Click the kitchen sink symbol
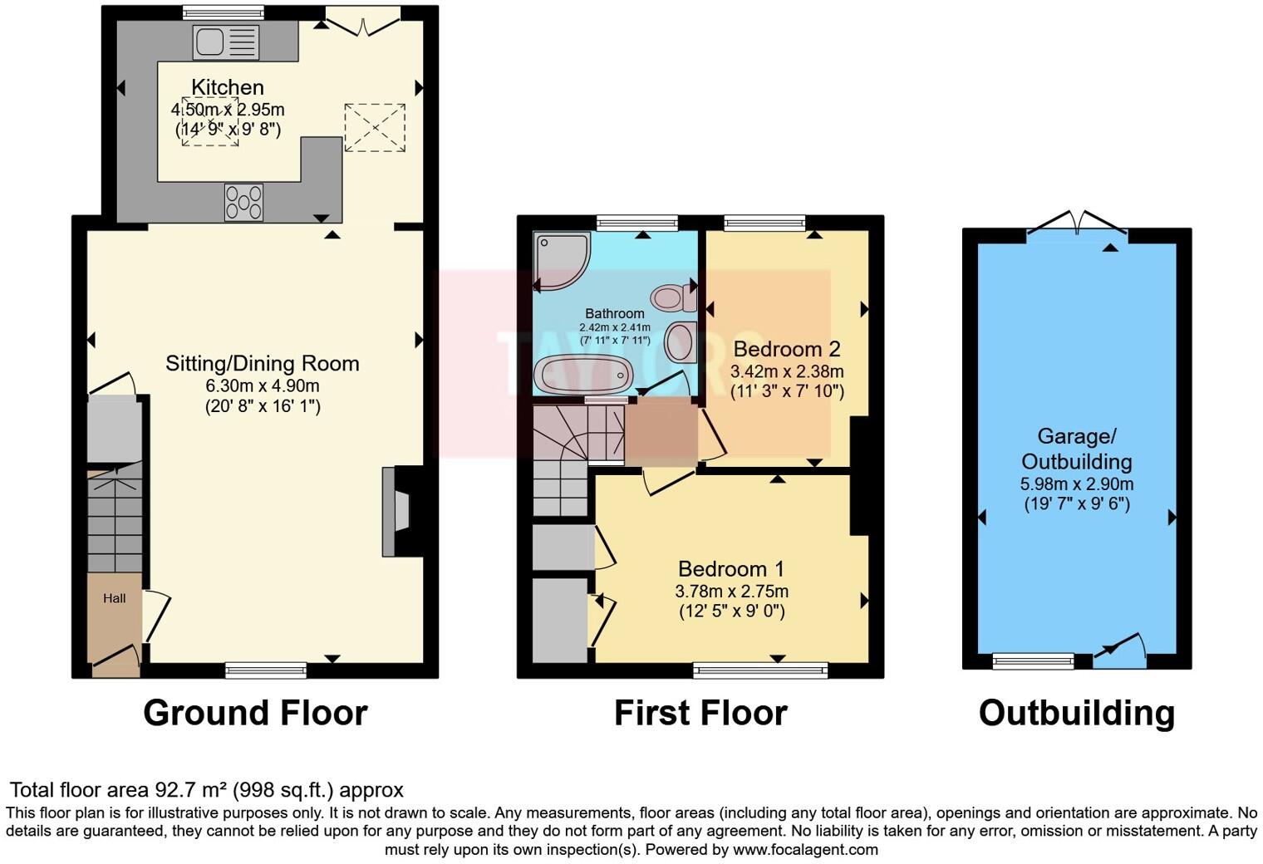pyautogui.click(x=226, y=42)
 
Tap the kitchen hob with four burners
pyautogui.click(x=243, y=202)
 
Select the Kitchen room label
pyautogui.click(x=228, y=87)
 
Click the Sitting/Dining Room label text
pyautogui.click(x=262, y=363)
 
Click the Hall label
pyautogui.click(x=115, y=598)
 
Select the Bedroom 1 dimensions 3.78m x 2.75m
pyautogui.click(x=731, y=592)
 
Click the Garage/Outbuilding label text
pyautogui.click(x=1076, y=449)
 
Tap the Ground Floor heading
pyautogui.click(x=255, y=713)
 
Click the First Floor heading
pyautogui.click(x=700, y=713)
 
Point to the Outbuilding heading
pyautogui.click(x=1076, y=713)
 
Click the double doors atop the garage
pyautogui.click(x=1077, y=223)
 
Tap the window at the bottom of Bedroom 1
pyautogui.click(x=760, y=670)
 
